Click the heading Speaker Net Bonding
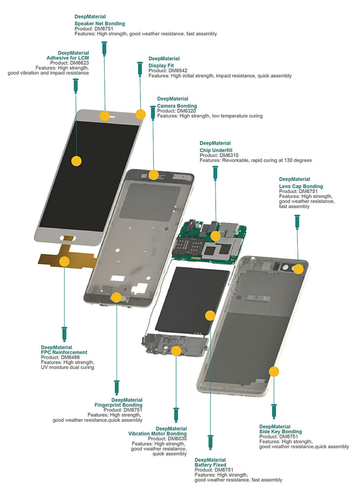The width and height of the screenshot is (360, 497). [99, 23]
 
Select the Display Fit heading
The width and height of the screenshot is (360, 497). [161, 66]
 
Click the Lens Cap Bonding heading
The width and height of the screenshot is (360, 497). [301, 186]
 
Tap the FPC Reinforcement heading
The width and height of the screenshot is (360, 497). [64, 352]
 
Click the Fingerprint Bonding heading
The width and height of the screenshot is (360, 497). [118, 405]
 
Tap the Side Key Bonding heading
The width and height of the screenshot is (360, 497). [280, 431]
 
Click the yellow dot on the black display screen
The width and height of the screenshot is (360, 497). [76, 161]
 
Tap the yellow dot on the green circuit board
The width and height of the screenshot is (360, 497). [214, 236]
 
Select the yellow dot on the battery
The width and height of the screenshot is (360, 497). [210, 315]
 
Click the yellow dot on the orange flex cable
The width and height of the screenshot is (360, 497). [64, 262]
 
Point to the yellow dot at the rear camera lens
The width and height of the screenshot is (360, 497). [298, 268]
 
